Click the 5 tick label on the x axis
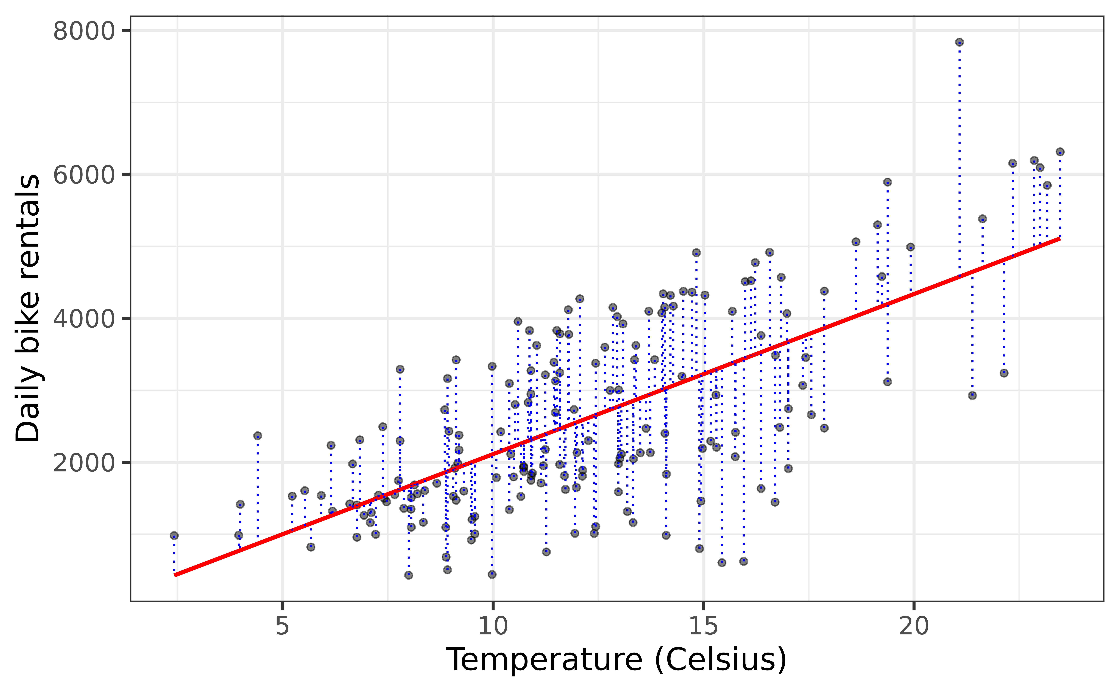tap(282, 626)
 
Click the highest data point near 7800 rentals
tap(959, 42)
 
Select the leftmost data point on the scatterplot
tap(174, 536)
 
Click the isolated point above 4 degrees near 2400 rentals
tap(258, 436)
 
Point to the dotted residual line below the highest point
tap(959, 160)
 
